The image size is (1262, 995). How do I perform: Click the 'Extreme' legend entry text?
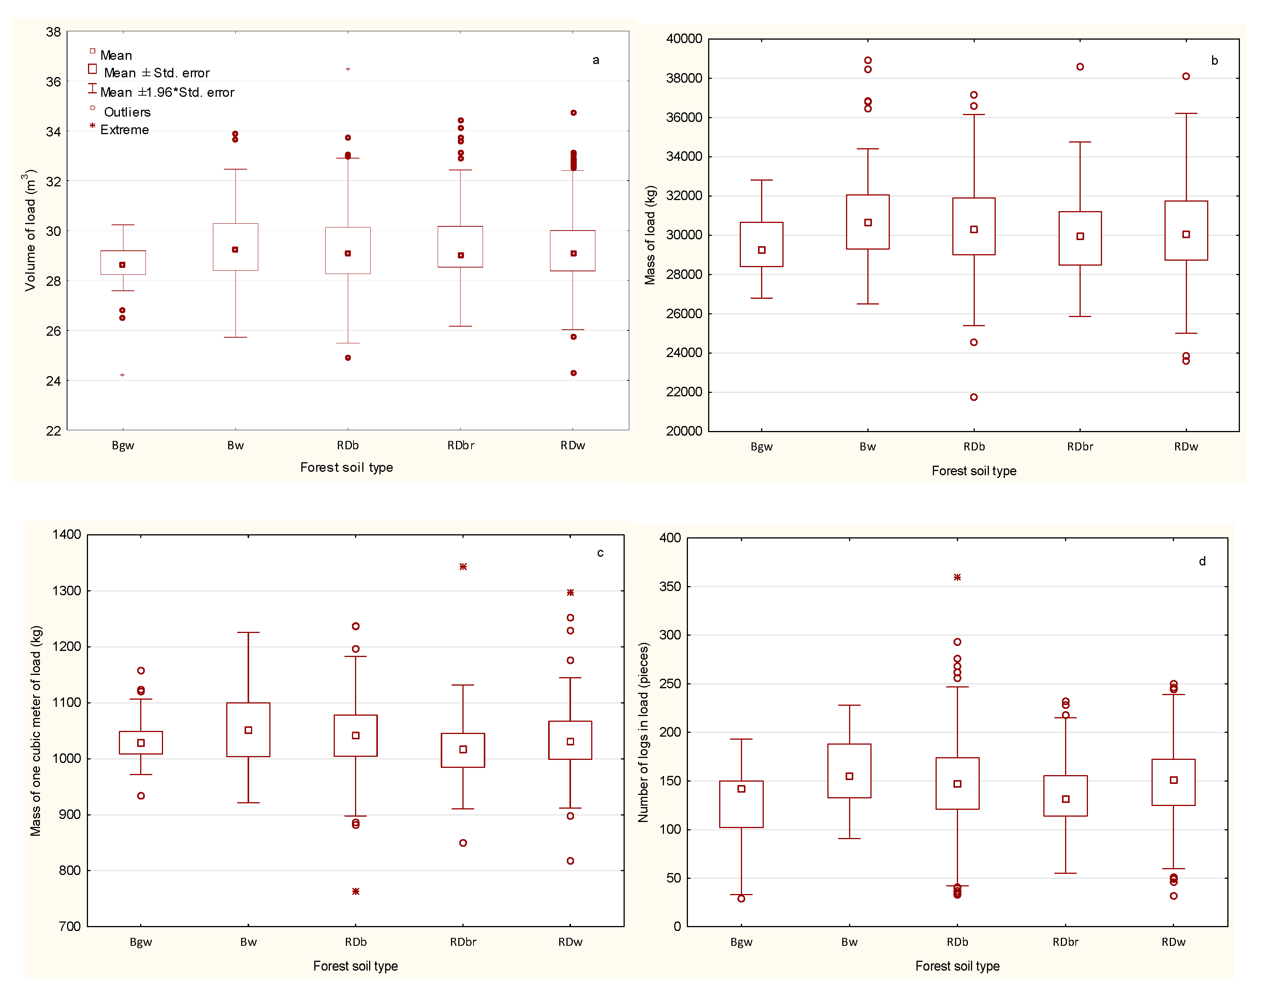pos(124,130)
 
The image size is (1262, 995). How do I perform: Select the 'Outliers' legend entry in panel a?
pos(126,112)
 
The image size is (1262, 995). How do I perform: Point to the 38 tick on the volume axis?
pos(54,32)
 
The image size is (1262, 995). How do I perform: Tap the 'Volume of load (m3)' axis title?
pos(30,230)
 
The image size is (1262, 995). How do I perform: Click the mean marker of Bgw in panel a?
pos(122,265)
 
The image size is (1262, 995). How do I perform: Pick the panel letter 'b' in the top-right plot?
pos(1214,61)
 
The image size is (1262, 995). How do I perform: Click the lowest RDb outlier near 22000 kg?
pos(974,397)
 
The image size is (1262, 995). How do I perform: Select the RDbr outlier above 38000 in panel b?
pos(1080,67)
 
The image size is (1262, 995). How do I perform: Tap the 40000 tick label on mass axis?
pos(684,39)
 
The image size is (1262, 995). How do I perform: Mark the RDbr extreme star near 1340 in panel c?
pos(463,567)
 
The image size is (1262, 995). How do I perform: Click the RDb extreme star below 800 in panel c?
pos(356,891)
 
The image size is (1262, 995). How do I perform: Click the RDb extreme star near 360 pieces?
pos(957,577)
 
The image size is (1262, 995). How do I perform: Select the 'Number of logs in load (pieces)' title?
pos(643,732)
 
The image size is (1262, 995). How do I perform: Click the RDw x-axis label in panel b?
pos(1186,447)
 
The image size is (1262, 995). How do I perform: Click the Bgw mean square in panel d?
pos(741,789)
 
